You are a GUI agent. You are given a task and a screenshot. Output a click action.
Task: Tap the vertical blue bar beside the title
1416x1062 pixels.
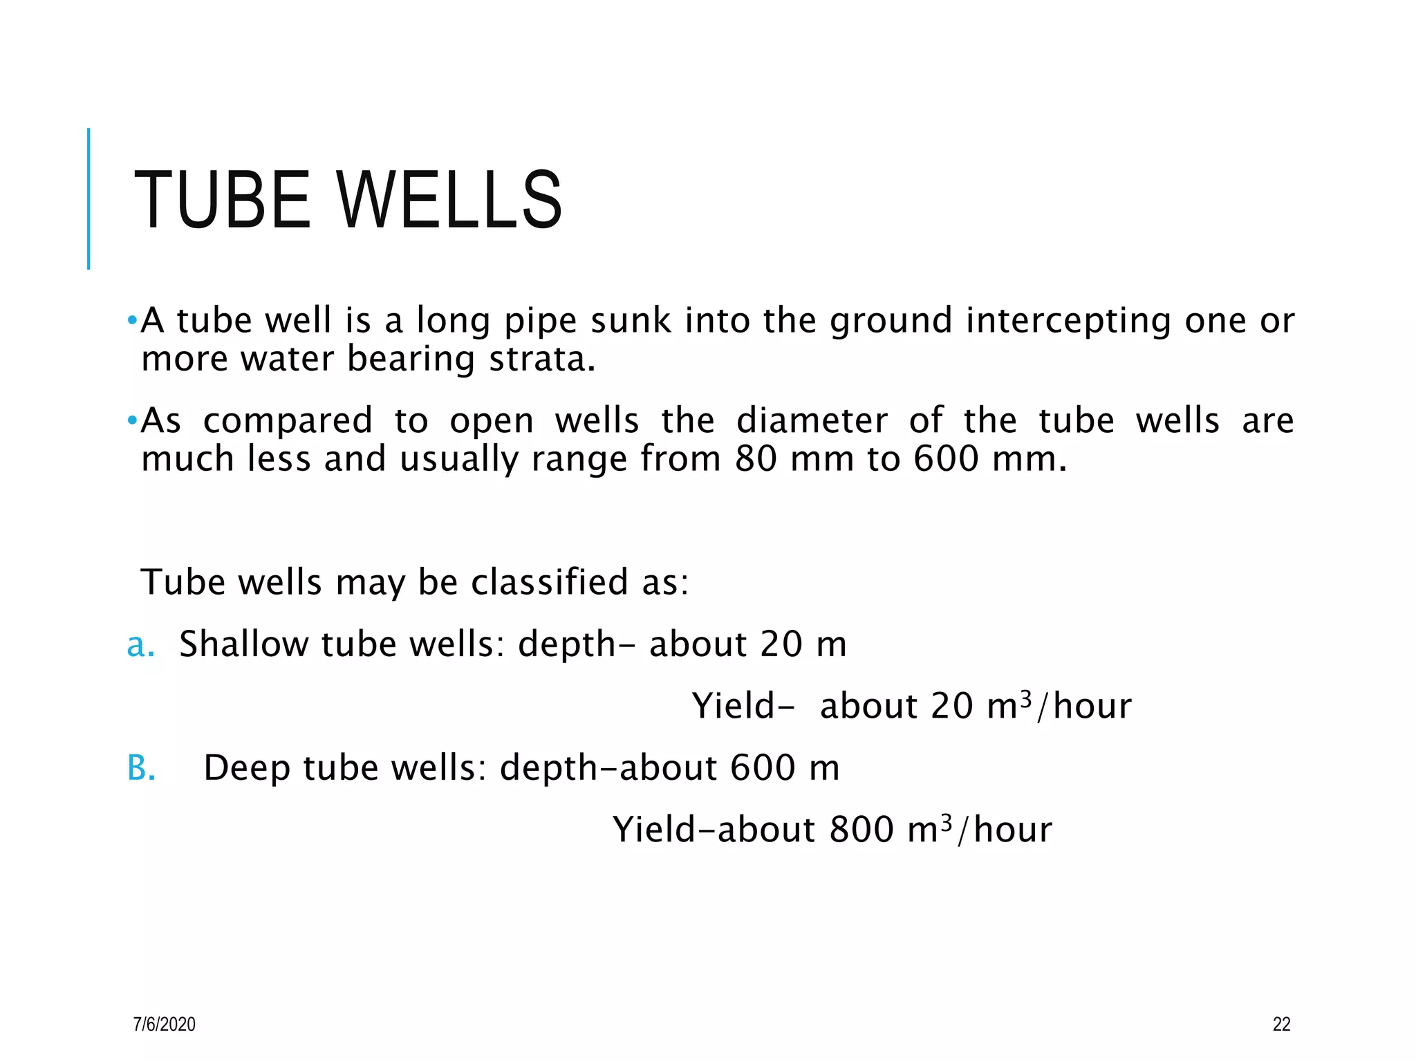(x=88, y=198)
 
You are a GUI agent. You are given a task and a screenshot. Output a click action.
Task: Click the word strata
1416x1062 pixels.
(x=541, y=360)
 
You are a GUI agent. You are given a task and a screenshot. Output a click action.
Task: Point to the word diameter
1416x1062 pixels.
(x=811, y=421)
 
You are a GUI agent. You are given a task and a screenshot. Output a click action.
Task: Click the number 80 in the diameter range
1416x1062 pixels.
(x=756, y=459)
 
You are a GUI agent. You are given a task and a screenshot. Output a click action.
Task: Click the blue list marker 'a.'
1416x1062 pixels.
(x=140, y=645)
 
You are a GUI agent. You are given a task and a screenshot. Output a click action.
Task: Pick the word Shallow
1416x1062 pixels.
(x=243, y=644)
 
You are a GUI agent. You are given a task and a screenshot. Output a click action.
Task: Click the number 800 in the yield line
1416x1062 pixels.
(x=861, y=830)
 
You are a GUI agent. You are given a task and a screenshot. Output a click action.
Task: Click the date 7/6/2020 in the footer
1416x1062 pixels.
(x=165, y=1024)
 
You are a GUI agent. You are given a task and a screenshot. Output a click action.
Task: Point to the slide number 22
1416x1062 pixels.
(x=1281, y=1024)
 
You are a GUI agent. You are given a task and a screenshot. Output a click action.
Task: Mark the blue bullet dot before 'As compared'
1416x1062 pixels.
(x=132, y=420)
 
